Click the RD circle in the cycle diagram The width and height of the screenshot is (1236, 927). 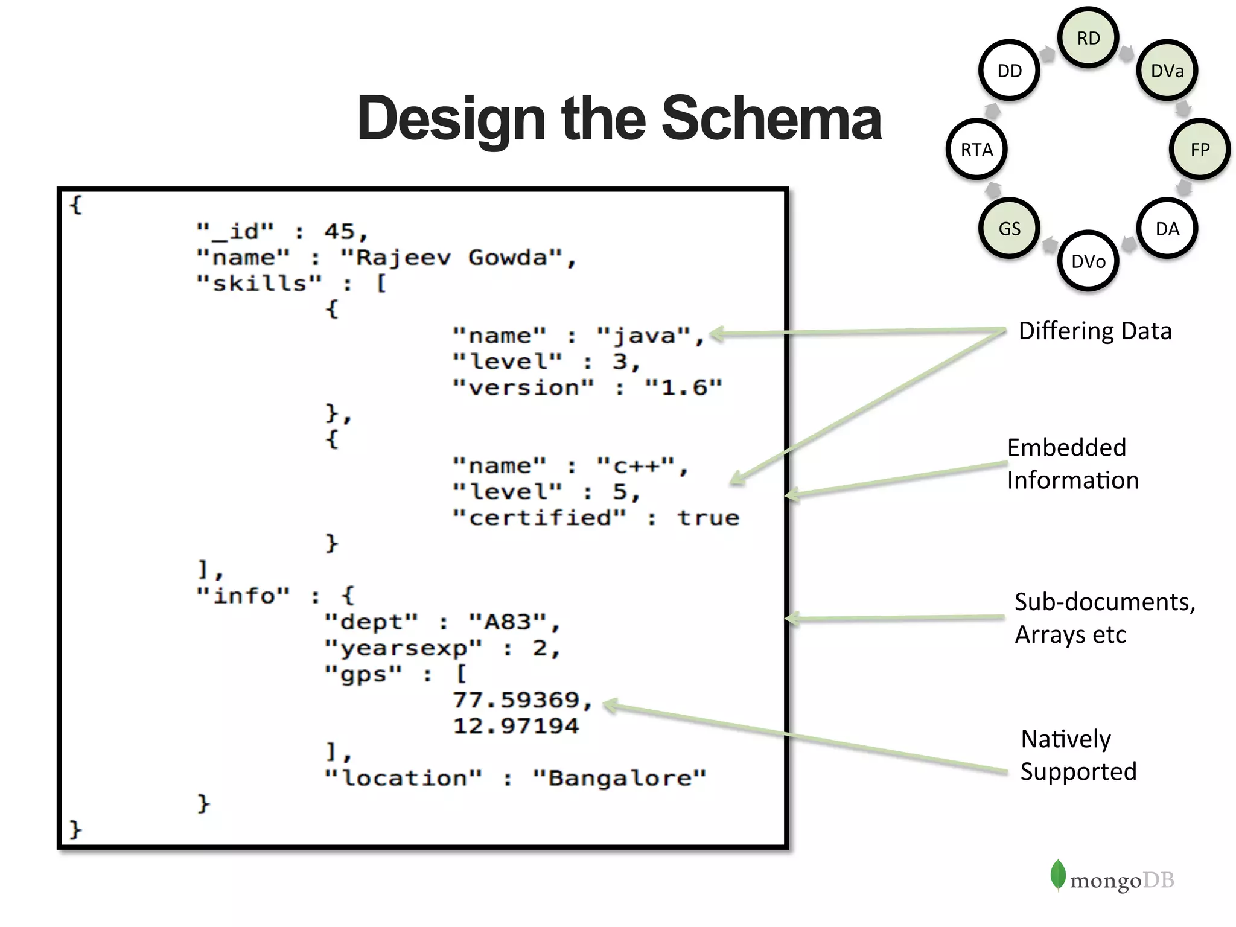[x=1088, y=38]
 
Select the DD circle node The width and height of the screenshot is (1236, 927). [x=1009, y=71]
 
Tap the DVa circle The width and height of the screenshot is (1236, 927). [x=1167, y=71]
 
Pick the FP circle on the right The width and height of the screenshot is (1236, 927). [x=1200, y=150]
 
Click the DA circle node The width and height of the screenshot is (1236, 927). [x=1167, y=229]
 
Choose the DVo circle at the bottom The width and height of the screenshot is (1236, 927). [x=1088, y=261]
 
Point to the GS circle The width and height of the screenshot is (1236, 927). [x=1009, y=229]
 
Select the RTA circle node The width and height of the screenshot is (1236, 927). [x=976, y=150]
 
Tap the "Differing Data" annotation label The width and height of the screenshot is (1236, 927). [x=1095, y=331]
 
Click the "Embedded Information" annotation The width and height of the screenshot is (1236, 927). [x=1072, y=463]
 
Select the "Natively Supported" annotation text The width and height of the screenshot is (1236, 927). [x=1078, y=755]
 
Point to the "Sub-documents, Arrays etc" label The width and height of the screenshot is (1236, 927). [x=1104, y=618]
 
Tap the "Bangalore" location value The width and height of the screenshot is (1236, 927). [x=619, y=778]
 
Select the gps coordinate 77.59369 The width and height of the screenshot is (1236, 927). [x=516, y=700]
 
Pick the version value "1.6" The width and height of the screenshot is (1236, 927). [x=683, y=387]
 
